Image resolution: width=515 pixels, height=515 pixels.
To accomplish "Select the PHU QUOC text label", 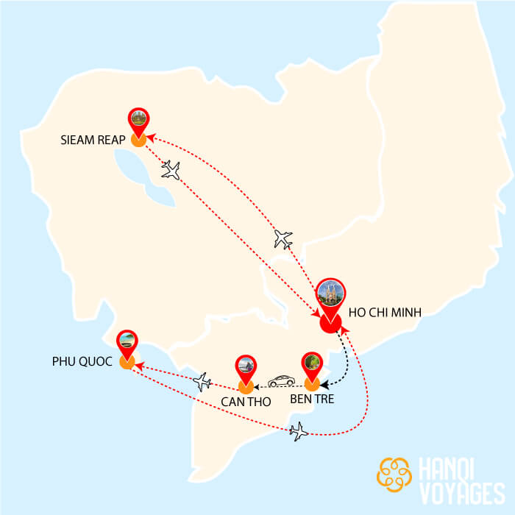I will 80,362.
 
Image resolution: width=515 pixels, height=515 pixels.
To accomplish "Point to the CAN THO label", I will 246,402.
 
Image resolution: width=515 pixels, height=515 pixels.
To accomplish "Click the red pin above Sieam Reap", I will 138,118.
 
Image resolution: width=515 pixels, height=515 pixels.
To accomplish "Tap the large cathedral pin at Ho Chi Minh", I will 330,296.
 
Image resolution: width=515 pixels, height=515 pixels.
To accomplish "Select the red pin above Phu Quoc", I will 127,341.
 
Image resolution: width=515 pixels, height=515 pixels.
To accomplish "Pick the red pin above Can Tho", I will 246,366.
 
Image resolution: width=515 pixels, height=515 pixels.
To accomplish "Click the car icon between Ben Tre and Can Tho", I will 280,381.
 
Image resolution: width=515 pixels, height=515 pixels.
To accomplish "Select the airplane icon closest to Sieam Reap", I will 171,170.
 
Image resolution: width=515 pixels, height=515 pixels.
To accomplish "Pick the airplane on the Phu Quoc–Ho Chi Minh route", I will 299,430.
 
